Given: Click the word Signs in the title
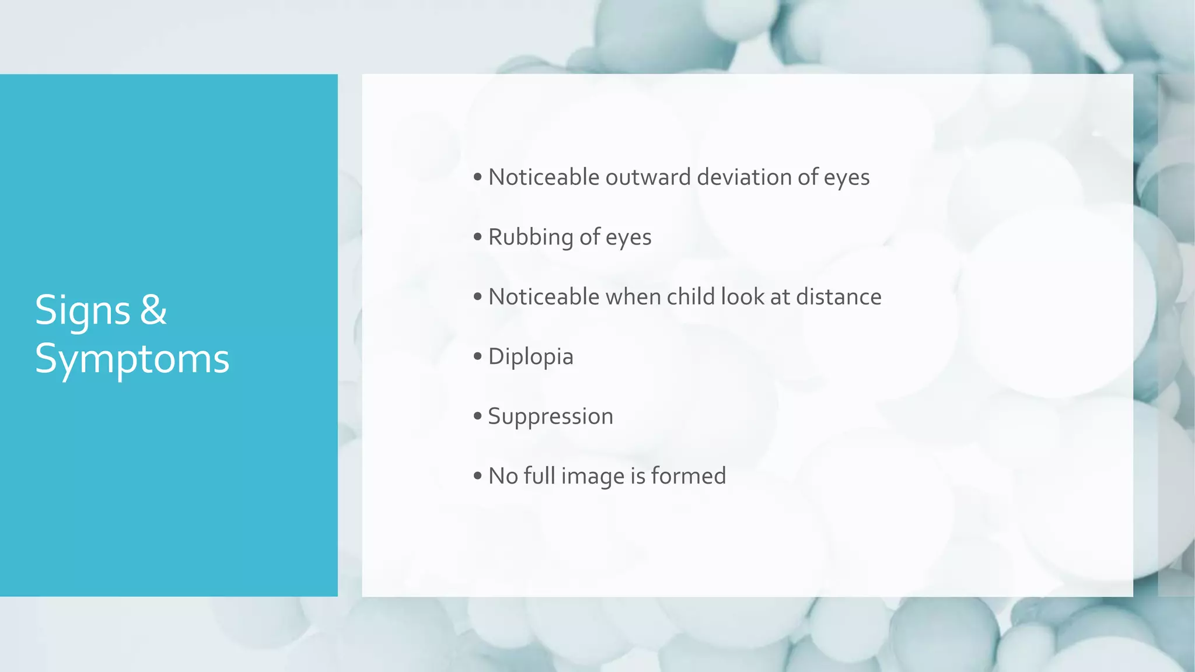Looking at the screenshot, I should (x=82, y=310).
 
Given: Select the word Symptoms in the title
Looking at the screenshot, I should (x=132, y=359).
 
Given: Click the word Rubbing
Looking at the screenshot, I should (x=530, y=237).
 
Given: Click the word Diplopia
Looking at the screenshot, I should (x=530, y=357).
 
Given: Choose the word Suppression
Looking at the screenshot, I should (x=550, y=416).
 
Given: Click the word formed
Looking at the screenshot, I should (x=688, y=476).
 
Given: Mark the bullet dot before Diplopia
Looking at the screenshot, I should (x=478, y=356).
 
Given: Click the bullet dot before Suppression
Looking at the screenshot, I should (x=478, y=416).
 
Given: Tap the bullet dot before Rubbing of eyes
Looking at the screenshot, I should (x=478, y=237).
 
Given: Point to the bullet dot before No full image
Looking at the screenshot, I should (x=478, y=476).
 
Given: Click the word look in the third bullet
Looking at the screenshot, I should (x=742, y=297).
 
